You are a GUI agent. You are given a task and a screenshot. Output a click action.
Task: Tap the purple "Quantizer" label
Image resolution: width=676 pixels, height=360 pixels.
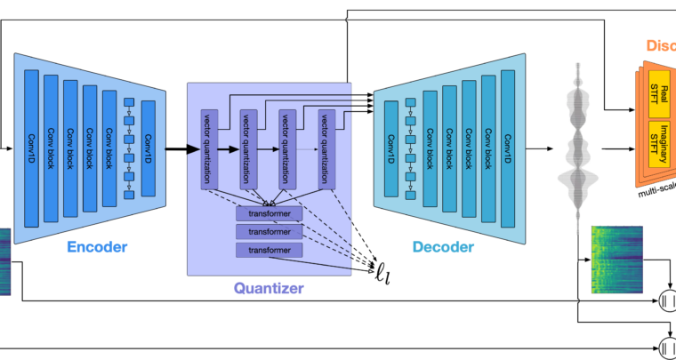tap(269, 287)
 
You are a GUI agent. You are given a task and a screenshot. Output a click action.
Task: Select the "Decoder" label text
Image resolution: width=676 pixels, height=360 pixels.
tap(443, 247)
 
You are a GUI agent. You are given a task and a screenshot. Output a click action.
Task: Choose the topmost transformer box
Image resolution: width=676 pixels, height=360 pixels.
tap(269, 214)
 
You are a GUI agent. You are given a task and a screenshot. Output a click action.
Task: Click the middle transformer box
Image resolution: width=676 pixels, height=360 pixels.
tap(269, 232)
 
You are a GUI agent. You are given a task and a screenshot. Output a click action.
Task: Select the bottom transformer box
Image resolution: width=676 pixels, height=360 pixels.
tap(269, 251)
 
